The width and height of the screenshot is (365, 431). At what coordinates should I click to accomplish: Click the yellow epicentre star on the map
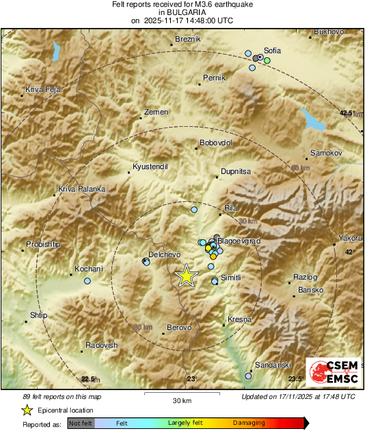(186, 276)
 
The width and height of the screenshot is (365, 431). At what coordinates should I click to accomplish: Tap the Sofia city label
(272, 50)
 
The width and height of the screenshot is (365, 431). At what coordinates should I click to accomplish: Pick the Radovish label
(102, 345)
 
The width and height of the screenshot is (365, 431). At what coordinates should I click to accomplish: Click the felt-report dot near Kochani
(87, 281)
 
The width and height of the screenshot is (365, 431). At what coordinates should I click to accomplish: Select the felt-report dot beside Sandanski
(249, 375)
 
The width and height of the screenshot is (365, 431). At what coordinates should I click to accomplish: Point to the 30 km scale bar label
(182, 400)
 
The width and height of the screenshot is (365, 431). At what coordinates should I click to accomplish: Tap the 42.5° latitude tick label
(349, 113)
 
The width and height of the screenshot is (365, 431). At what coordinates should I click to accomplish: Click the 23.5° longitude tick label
(295, 379)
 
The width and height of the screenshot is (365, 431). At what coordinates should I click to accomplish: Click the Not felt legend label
(81, 423)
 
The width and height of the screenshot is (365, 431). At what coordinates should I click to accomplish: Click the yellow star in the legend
(27, 410)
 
